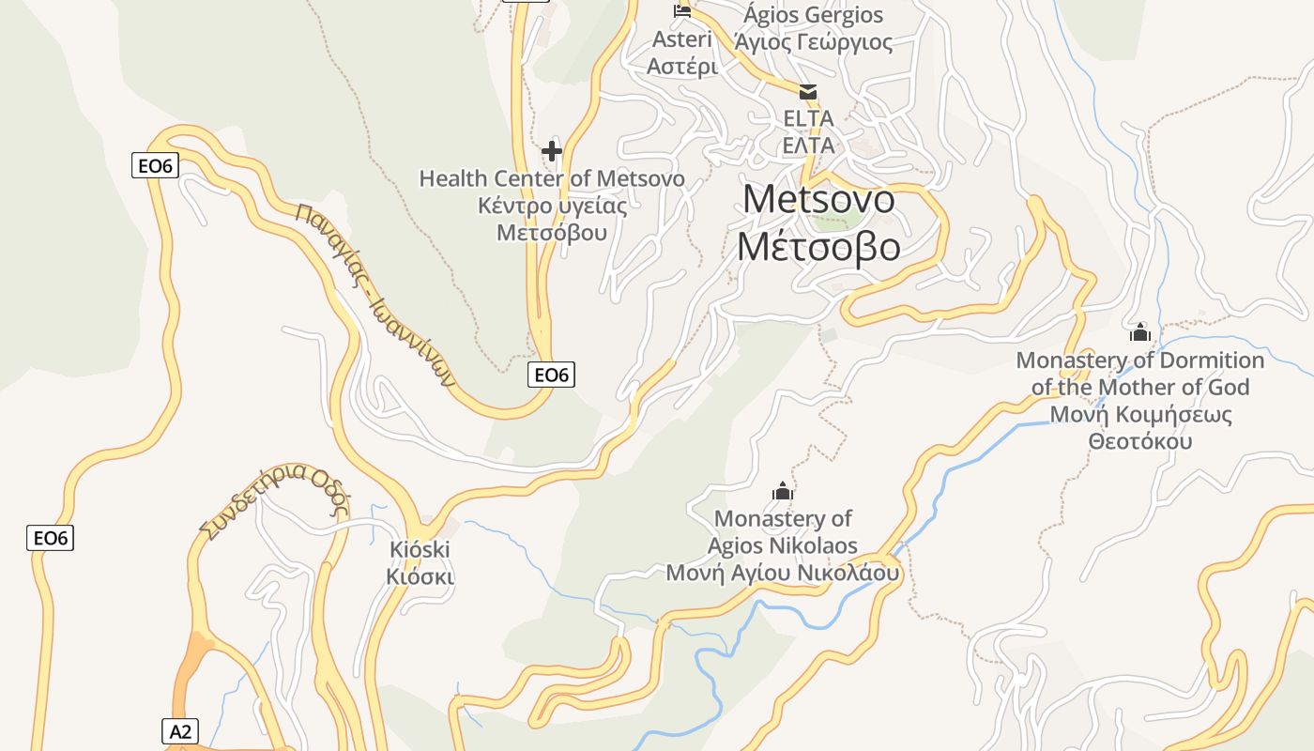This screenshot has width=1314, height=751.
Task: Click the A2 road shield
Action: pyautogui.click(x=180, y=731)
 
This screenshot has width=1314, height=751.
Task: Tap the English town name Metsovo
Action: pyautogui.click(x=818, y=199)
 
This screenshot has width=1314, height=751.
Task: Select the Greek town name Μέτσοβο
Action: pyautogui.click(x=818, y=246)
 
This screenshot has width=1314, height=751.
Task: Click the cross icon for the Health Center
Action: pyautogui.click(x=552, y=150)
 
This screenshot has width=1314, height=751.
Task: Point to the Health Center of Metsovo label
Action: pyautogui.click(x=552, y=178)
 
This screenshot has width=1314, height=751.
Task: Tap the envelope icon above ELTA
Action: pyautogui.click(x=808, y=92)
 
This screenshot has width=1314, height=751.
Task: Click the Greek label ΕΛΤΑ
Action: pyautogui.click(x=808, y=146)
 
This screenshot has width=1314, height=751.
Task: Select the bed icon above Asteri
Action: pyautogui.click(x=682, y=11)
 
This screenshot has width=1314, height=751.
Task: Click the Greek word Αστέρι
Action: pyautogui.click(x=682, y=67)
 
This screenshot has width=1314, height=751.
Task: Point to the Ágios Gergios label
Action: pyautogui.click(x=814, y=15)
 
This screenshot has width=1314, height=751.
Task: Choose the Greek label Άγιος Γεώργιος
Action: pyautogui.click(x=814, y=42)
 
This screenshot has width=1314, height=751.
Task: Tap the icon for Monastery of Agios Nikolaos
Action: pyautogui.click(x=783, y=491)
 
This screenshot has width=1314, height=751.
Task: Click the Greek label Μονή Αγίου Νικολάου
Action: pyautogui.click(x=783, y=573)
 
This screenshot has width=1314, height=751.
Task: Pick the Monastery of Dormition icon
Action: pyautogui.click(x=1140, y=332)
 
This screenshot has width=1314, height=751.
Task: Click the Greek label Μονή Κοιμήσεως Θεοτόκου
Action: pyautogui.click(x=1140, y=427)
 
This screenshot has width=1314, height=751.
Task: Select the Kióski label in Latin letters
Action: pyautogui.click(x=420, y=549)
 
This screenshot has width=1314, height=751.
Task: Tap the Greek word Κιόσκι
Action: pyautogui.click(x=420, y=576)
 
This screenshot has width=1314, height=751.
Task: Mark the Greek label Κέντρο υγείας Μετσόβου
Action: pyautogui.click(x=552, y=219)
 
